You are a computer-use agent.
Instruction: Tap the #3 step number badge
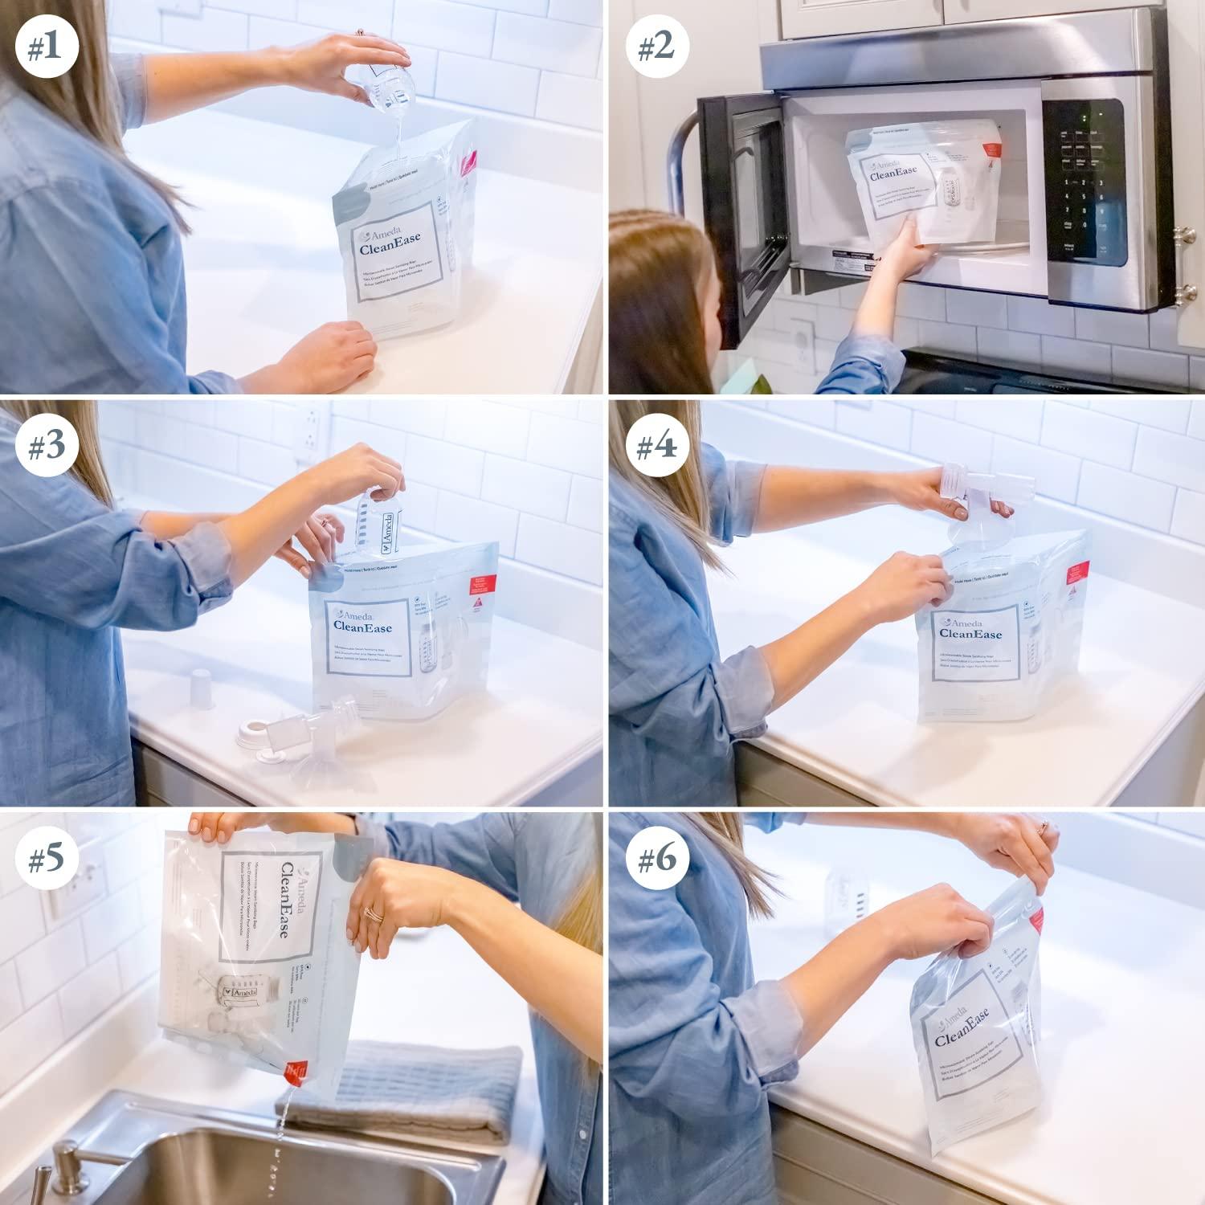[45, 447]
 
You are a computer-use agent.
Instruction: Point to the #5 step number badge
[45, 860]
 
